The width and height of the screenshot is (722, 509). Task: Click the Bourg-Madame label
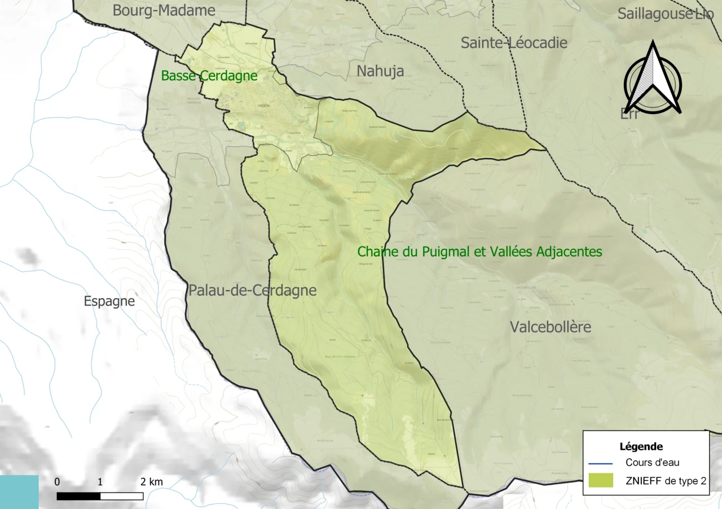tap(164, 10)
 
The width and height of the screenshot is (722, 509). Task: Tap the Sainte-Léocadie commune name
tap(514, 43)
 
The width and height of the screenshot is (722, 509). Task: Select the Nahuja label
tap(380, 71)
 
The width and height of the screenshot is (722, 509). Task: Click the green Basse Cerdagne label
tap(209, 76)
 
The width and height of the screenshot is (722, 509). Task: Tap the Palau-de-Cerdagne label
tap(252, 291)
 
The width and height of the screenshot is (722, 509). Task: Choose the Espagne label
tap(109, 301)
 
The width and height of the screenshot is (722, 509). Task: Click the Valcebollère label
tap(551, 327)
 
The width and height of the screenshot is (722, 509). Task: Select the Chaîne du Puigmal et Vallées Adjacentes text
tap(479, 252)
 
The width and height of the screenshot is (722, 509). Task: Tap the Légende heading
tap(641, 446)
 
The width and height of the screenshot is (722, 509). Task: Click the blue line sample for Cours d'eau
tap(600, 463)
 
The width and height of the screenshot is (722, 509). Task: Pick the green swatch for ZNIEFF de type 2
tap(600, 480)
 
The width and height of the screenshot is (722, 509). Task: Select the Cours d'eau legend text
tap(652, 463)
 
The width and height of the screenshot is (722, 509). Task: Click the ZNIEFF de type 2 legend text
tap(666, 480)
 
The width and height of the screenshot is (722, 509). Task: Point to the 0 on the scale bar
tap(57, 482)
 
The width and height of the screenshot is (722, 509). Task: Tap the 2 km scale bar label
tap(152, 482)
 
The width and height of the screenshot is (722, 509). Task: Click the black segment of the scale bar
tap(78, 496)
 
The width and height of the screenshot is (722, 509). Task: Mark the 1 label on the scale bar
tap(100, 482)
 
